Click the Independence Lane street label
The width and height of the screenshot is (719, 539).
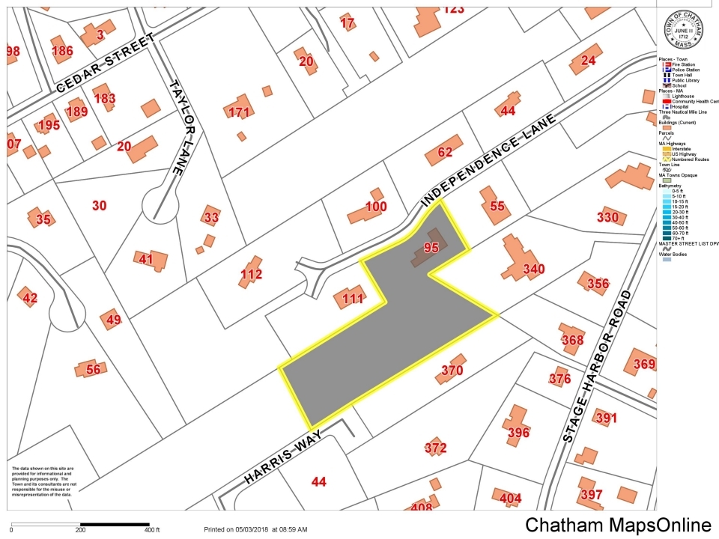[490, 160]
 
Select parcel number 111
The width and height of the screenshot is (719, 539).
[353, 299]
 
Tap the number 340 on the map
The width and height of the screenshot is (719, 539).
[533, 269]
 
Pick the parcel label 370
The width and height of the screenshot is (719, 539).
[452, 370]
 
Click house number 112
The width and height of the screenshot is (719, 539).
[251, 275]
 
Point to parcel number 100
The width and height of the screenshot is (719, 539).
[375, 207]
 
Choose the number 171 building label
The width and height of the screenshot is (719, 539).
[238, 112]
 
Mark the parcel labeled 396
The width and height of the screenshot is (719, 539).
[518, 432]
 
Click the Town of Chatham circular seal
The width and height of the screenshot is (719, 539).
[684, 30]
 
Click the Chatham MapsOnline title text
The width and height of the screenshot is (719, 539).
[618, 525]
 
